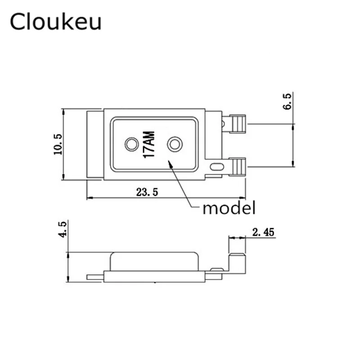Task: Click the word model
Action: tap(229, 208)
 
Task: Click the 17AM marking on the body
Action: tap(149, 144)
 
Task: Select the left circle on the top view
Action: tap(132, 144)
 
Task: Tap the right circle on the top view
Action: tap(174, 144)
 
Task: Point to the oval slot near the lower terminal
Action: tap(217, 166)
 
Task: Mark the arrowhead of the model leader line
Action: tap(170, 163)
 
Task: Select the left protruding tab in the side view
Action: tap(95, 277)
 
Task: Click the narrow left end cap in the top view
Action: tap(94, 144)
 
